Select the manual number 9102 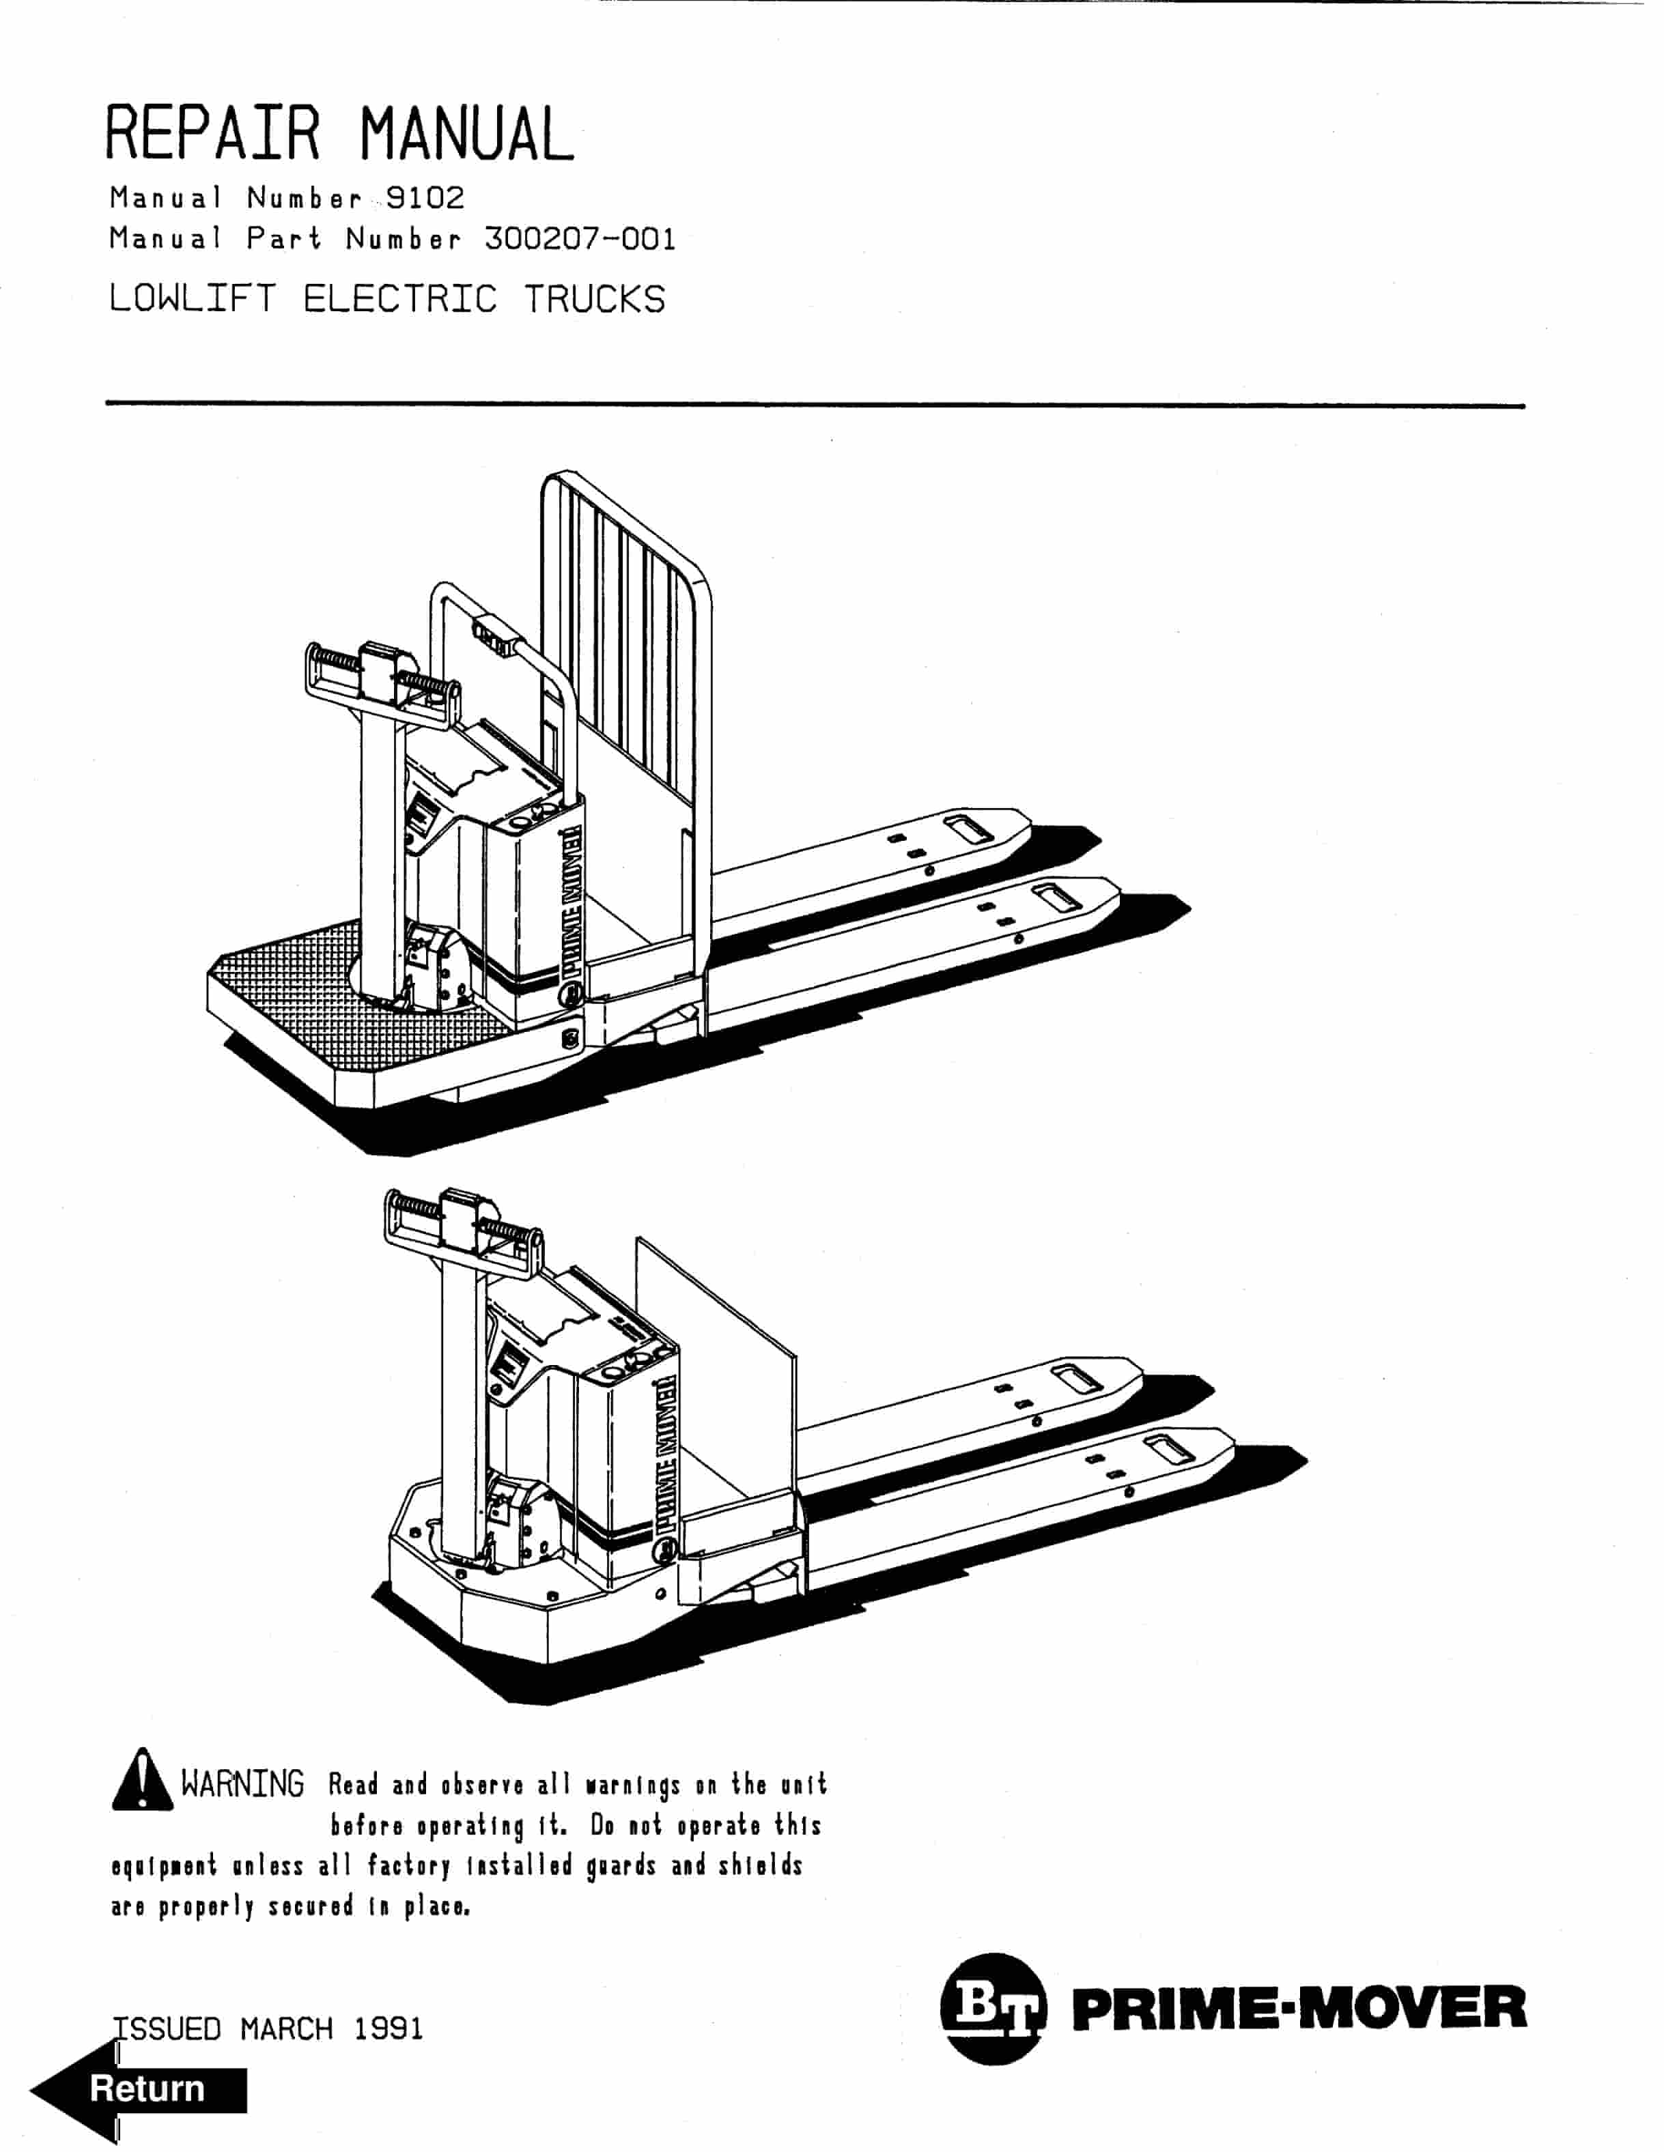click(425, 198)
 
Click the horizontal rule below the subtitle click(815, 405)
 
